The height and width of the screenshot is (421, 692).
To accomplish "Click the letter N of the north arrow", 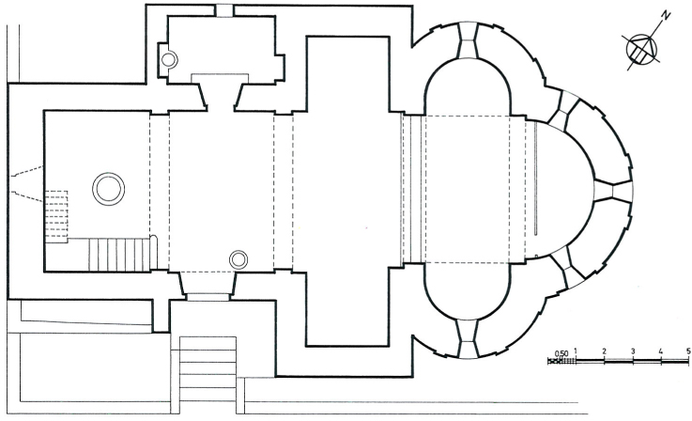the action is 666,15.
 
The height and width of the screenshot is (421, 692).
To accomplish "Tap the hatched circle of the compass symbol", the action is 641,50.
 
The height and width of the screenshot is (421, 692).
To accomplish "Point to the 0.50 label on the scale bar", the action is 561,353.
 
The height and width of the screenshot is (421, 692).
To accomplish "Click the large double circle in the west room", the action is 108,189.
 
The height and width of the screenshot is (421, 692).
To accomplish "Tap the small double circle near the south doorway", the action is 238,259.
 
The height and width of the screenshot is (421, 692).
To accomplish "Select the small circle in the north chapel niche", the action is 169,59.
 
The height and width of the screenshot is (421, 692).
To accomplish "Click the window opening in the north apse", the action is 468,40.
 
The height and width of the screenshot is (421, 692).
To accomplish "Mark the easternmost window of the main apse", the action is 613,190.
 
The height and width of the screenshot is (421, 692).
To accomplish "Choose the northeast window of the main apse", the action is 562,110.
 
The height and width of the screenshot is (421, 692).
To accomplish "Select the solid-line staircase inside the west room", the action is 119,255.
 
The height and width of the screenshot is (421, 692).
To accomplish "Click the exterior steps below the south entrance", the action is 208,369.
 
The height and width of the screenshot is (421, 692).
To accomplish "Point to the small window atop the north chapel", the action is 224,11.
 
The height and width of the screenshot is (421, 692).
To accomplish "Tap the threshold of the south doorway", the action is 208,296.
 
